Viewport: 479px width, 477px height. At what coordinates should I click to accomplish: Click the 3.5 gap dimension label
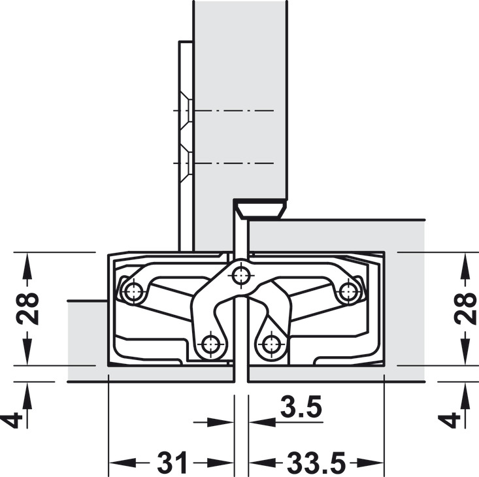tap(301, 407)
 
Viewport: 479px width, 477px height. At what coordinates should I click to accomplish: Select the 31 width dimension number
tap(172, 462)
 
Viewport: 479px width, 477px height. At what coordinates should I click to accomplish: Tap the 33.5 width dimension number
tap(316, 462)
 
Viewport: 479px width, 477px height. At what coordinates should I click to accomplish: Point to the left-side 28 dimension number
tap(27, 309)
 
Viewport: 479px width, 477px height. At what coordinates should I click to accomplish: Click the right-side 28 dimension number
tap(465, 309)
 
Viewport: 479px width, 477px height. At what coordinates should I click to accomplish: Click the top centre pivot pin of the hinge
tap(241, 276)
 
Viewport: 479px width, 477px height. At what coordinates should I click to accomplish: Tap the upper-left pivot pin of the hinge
tap(133, 291)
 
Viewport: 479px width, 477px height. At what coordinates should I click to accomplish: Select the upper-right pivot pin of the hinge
tap(348, 291)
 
